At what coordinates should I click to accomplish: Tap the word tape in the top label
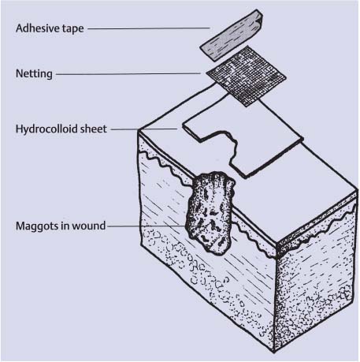75,28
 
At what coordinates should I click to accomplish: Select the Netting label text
34,73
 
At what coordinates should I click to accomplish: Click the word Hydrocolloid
46,129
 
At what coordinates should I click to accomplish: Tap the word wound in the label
88,226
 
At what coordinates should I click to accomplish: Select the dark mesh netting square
246,77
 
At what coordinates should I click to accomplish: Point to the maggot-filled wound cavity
210,213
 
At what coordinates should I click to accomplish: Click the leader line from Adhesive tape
149,28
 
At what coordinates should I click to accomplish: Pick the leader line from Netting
128,74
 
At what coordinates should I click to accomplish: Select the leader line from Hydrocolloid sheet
144,129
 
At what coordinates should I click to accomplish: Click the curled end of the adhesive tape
258,18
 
